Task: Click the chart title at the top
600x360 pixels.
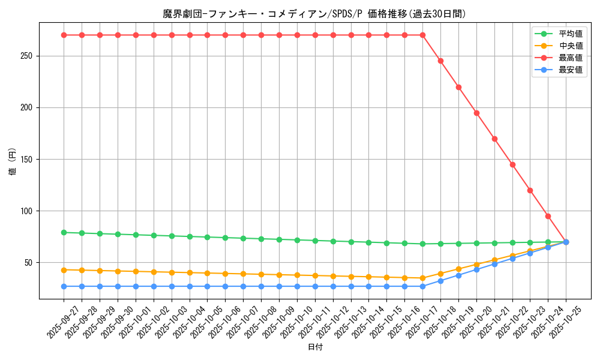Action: point(314,14)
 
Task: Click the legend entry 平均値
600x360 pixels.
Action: point(571,34)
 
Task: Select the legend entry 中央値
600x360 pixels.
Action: point(571,46)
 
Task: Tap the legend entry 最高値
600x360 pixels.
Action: point(571,58)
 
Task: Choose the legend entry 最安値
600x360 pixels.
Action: point(571,70)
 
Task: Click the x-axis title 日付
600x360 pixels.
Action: point(315,347)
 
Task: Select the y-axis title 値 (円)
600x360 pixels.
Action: point(12,162)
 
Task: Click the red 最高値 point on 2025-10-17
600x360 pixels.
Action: point(422,35)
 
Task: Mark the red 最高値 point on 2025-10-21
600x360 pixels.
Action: point(494,139)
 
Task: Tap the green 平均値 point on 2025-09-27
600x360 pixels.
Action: point(64,232)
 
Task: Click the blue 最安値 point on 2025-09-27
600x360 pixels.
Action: point(64,286)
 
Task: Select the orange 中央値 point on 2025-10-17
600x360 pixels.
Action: point(422,278)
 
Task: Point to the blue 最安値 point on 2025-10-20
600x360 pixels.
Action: point(476,269)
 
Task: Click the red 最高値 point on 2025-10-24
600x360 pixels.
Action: point(548,216)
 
